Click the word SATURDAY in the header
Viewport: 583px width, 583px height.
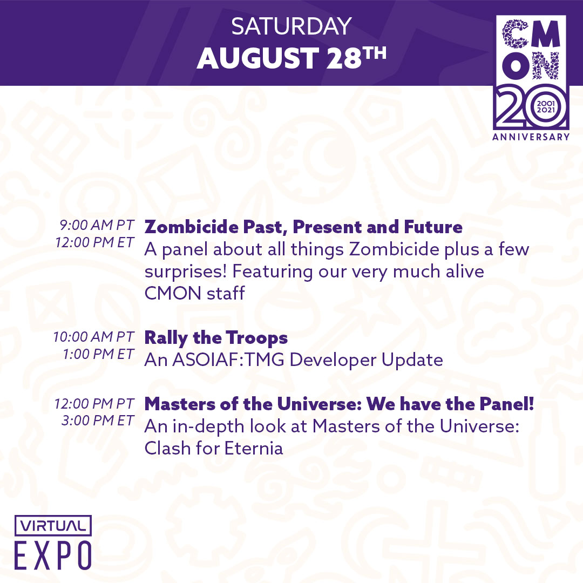(x=291, y=26)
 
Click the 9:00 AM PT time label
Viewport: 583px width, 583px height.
(x=97, y=225)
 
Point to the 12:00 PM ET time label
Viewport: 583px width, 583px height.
(x=94, y=242)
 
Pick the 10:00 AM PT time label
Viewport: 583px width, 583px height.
(x=93, y=336)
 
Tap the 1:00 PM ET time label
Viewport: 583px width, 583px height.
(x=98, y=354)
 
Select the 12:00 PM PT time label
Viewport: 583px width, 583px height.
(x=94, y=403)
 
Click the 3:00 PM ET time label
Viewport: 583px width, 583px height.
(x=97, y=421)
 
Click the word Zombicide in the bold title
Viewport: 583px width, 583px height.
(x=191, y=227)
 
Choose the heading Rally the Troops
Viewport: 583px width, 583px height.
(x=216, y=338)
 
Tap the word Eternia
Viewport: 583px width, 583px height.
(x=254, y=448)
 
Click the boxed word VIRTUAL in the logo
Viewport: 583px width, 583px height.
(x=53, y=526)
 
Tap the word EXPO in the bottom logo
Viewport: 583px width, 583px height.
(x=53, y=555)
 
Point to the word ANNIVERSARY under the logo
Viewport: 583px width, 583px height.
(x=531, y=137)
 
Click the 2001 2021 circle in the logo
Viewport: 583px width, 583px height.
(x=545, y=107)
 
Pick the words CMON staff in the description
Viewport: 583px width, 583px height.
(x=194, y=293)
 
